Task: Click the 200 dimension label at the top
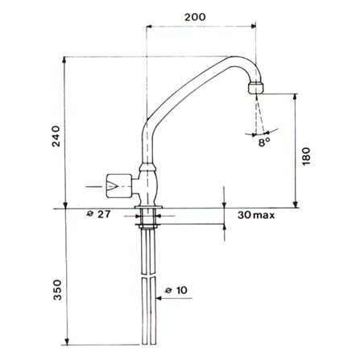(x=195, y=17)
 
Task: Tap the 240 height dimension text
(x=56, y=136)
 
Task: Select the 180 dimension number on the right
(x=306, y=156)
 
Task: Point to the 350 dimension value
(x=57, y=290)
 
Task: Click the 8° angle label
(x=264, y=143)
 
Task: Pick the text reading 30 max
(x=256, y=215)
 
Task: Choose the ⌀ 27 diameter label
(x=98, y=214)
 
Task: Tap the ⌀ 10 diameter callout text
(x=176, y=290)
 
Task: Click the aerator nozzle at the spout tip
(x=256, y=88)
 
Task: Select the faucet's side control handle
(x=119, y=186)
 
